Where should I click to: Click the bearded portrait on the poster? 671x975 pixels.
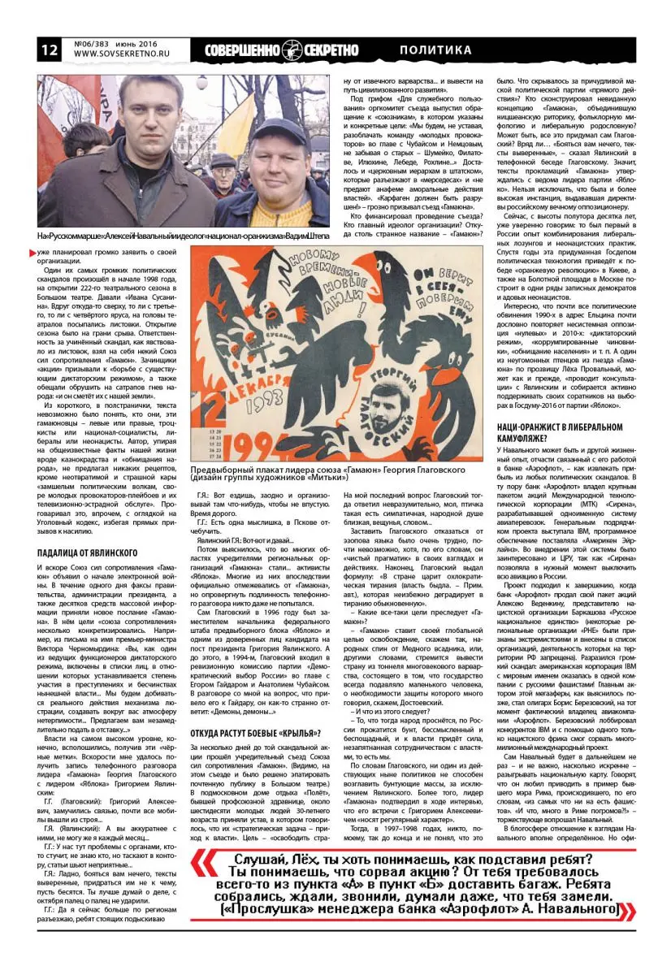coord(388,404)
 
